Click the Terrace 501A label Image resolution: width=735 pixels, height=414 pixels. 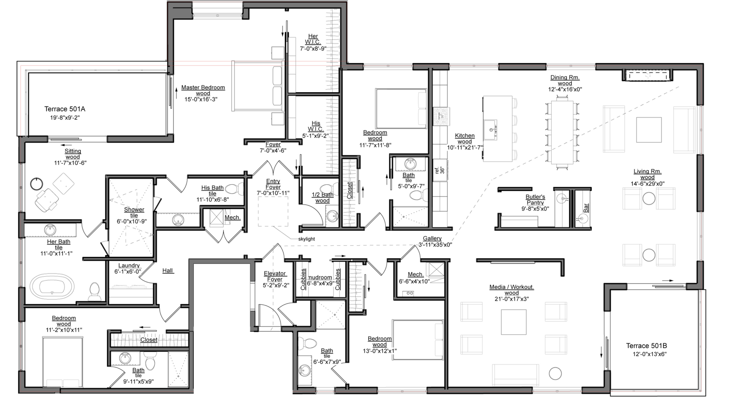pos(65,109)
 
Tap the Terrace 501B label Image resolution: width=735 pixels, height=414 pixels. pos(646,346)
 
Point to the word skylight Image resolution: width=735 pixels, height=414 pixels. pos(306,239)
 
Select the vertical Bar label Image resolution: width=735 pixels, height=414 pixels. pos(586,208)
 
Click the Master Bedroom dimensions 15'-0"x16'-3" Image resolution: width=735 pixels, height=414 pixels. pos(203,99)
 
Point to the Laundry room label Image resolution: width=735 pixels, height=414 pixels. pos(129,266)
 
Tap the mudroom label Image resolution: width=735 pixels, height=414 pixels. pos(320,277)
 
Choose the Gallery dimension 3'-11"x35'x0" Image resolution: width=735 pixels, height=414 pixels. pos(435,244)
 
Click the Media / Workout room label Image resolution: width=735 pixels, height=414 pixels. pos(511,287)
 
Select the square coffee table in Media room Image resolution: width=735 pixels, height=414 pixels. pos(513,322)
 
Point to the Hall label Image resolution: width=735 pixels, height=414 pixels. pos(168,271)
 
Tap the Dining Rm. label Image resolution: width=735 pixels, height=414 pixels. pos(565,77)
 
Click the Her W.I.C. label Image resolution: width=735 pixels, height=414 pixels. pos(313,39)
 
